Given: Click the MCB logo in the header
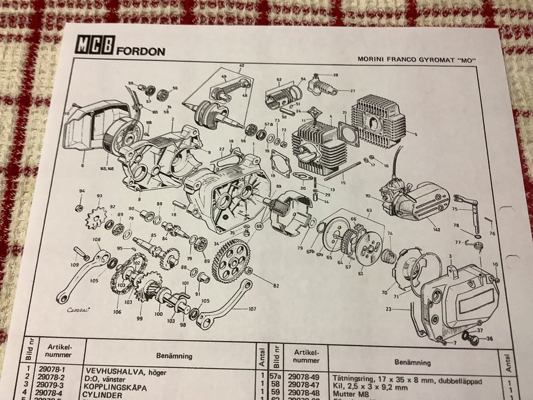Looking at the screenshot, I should click(x=94, y=46).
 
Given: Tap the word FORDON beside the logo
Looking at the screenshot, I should click(x=140, y=50).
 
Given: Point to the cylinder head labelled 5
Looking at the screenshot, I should click(x=380, y=124).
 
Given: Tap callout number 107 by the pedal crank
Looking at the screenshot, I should click(x=251, y=309).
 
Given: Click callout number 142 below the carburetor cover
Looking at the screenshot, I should click(x=436, y=229).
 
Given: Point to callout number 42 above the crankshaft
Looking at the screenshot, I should click(x=241, y=65).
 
